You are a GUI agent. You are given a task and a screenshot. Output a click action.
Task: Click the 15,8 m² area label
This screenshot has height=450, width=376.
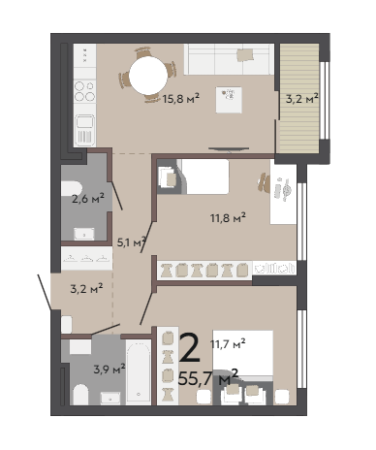[181, 98]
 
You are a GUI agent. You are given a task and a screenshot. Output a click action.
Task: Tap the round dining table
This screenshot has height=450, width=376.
[148, 77]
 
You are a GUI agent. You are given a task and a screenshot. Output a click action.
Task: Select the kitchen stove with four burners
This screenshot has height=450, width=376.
[85, 91]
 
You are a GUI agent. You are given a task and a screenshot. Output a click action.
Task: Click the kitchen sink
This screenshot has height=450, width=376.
[85, 129]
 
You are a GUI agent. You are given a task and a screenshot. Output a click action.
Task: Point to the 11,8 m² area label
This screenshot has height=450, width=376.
[229, 217]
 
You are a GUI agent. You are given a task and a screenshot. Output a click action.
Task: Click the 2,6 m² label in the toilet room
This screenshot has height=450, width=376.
[88, 199]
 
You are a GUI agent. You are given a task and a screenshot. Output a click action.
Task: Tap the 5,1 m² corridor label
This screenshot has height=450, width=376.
[131, 242]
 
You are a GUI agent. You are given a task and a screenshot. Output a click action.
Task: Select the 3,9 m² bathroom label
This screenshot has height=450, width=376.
[110, 369]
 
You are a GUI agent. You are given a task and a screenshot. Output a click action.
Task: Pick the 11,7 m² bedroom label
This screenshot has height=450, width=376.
[228, 343]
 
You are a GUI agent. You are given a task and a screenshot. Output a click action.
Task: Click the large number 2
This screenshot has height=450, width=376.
[190, 348]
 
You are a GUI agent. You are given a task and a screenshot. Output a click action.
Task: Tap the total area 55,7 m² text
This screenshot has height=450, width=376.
[208, 377]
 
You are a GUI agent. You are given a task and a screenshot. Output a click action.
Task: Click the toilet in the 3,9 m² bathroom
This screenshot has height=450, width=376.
[80, 395]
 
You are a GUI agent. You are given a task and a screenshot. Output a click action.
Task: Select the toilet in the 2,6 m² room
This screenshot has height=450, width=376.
[72, 189]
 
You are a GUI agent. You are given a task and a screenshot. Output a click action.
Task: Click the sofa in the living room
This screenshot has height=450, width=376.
[229, 59]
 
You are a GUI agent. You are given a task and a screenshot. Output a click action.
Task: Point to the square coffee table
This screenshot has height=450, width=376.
[229, 100]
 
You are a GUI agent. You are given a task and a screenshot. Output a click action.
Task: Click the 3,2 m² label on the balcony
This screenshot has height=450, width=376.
[302, 98]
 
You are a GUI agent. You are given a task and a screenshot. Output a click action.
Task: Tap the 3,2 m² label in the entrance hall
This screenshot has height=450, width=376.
[86, 288]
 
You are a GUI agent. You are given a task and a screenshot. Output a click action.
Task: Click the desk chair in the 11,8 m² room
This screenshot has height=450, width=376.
[264, 183]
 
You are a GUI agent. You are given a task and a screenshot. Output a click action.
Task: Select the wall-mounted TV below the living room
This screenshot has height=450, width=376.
[229, 149]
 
